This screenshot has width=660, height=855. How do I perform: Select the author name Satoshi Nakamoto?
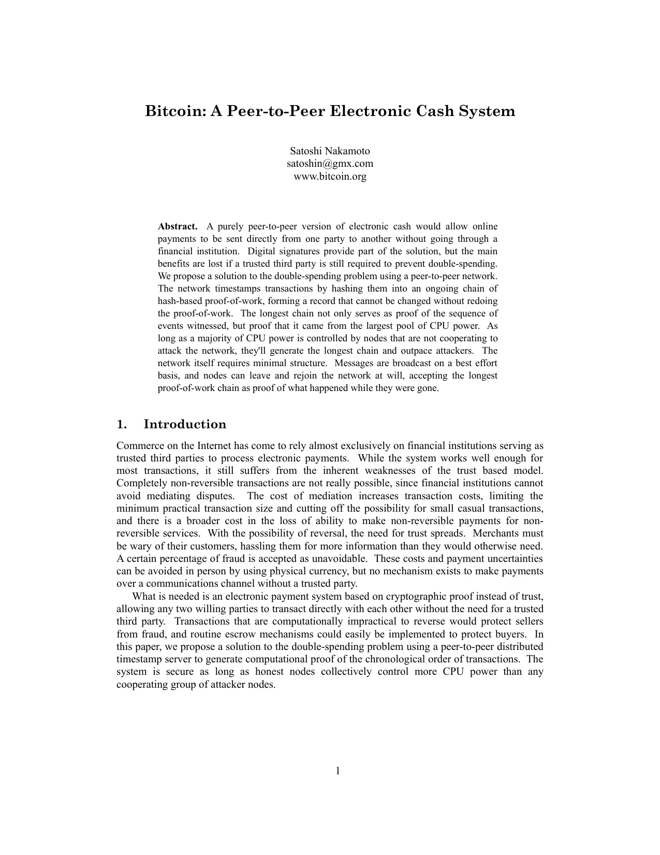coord(330,151)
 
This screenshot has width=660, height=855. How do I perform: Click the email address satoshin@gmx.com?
coord(330,164)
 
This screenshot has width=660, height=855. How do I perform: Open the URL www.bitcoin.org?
coord(330,176)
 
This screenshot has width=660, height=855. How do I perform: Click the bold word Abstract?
coord(177,226)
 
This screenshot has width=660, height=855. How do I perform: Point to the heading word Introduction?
coord(185,425)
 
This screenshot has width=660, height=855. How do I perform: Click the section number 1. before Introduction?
coord(122,425)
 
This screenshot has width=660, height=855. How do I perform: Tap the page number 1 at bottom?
coord(338,771)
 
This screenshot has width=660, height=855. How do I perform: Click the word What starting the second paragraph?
coord(142,596)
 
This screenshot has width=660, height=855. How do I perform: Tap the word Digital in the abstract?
coord(262,251)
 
